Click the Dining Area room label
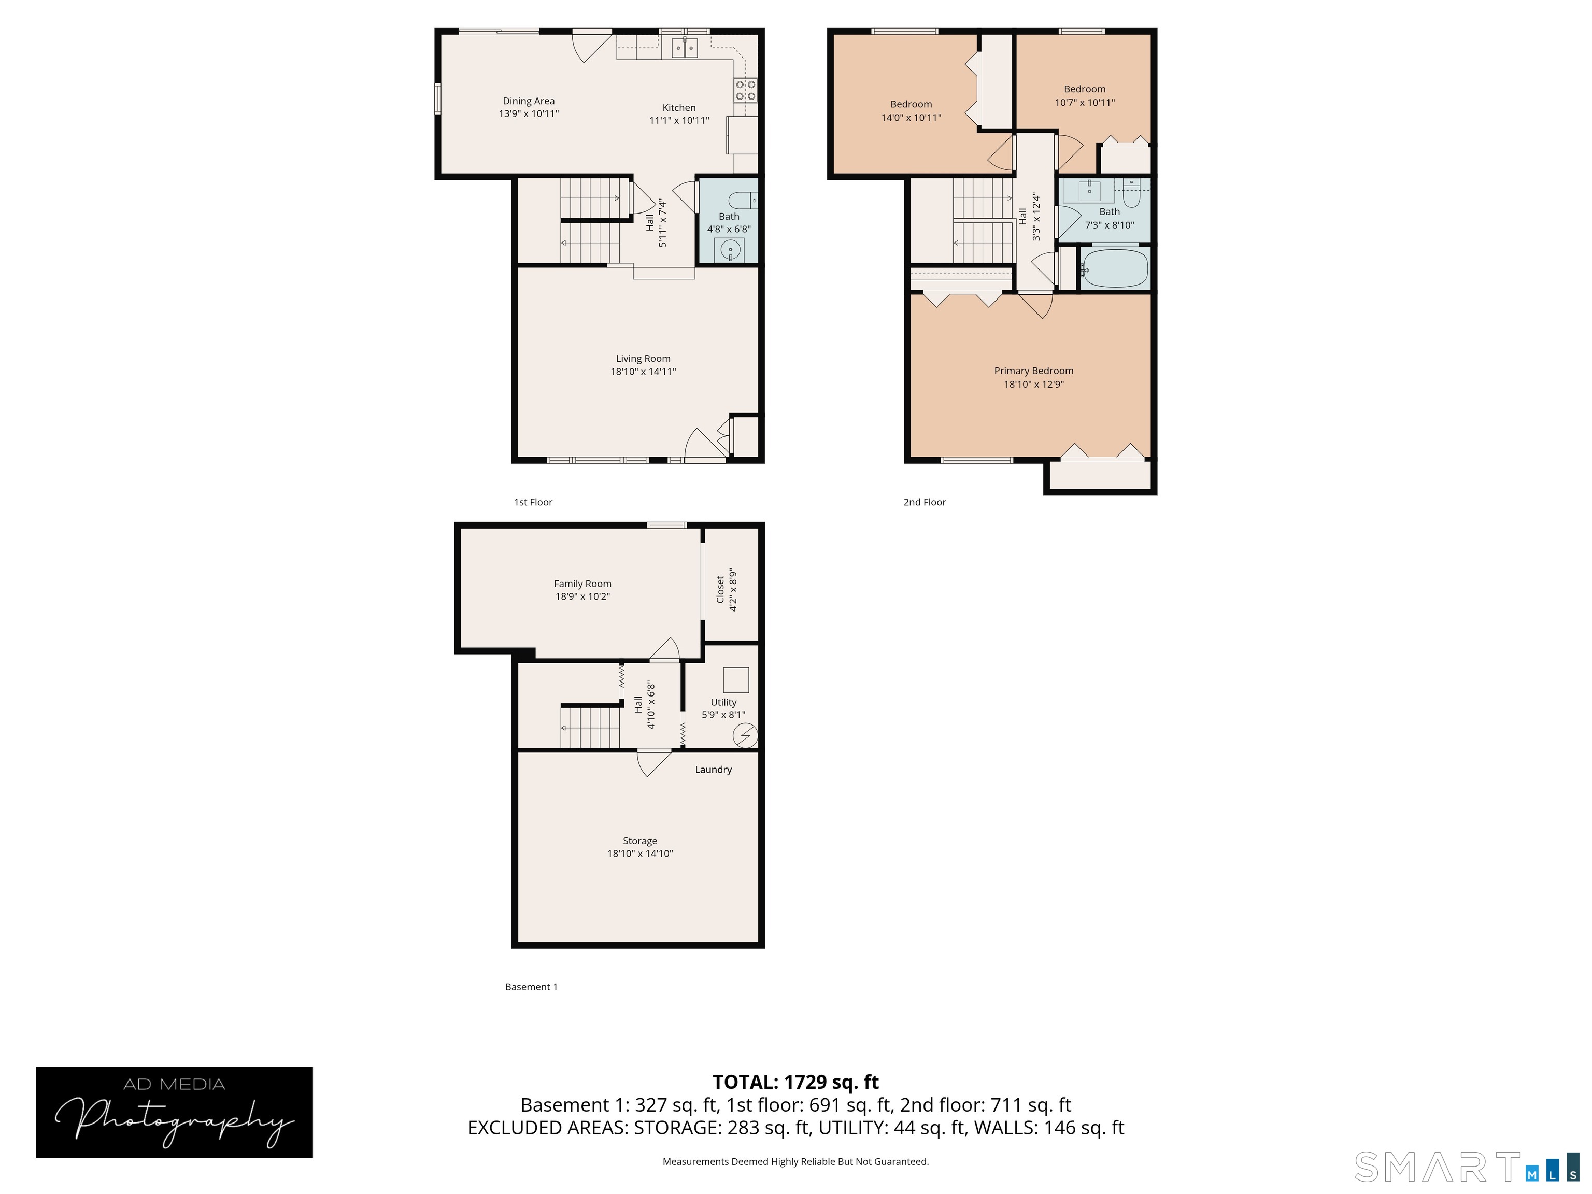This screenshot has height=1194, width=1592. [x=528, y=101]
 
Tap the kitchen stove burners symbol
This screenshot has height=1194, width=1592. [x=745, y=91]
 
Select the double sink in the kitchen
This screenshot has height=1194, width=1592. [x=685, y=48]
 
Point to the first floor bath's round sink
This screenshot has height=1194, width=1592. [x=730, y=250]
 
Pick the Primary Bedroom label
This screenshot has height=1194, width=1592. [x=1033, y=371]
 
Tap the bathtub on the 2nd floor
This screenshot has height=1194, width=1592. [x=1115, y=268]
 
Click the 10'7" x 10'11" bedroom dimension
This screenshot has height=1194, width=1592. [x=1085, y=102]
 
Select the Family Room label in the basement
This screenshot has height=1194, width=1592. [x=582, y=584]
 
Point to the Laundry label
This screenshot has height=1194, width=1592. [x=713, y=770]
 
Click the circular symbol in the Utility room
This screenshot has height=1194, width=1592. [x=745, y=735]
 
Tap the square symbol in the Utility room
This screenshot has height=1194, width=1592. [x=735, y=680]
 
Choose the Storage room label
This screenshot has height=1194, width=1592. [x=640, y=841]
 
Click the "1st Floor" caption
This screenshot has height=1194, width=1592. [x=533, y=502]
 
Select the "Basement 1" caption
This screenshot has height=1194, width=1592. [x=531, y=987]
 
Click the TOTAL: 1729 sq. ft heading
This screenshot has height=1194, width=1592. [x=795, y=1082]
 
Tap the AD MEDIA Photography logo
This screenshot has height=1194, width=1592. [x=174, y=1112]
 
